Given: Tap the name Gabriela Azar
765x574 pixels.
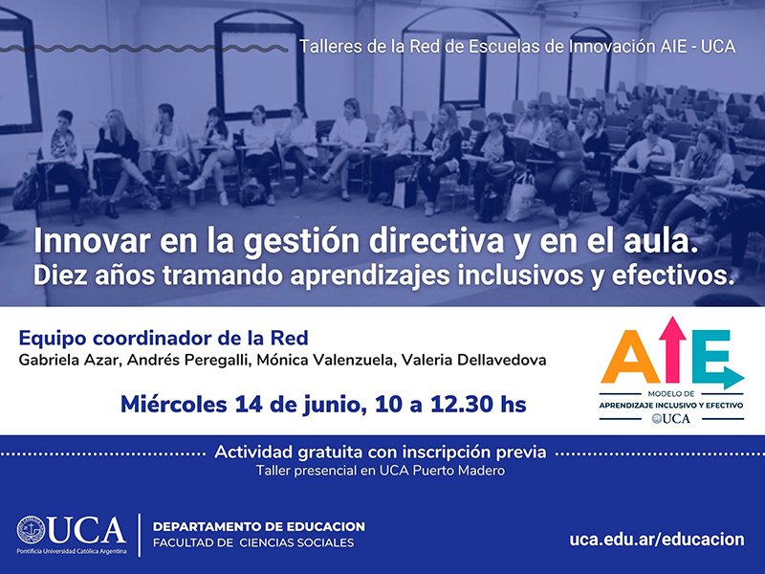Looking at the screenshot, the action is pos(69,361).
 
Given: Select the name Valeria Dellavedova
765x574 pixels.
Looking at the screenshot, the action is pos(473,361).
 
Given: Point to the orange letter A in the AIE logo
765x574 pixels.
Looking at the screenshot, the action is pos(628,356).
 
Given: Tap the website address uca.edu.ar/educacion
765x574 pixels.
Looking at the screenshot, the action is pos(657,540).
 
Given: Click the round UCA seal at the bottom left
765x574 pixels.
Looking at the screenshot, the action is pos(31,530).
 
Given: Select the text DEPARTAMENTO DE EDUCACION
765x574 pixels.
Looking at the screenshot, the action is pos(259,527).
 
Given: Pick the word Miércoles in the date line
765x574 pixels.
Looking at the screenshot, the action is pos(174,405).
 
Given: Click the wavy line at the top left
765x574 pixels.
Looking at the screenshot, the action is pos(144,49).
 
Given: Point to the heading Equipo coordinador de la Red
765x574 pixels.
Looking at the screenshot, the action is pos(164,338).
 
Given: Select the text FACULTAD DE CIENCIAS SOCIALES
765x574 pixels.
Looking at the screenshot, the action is pos(253,542).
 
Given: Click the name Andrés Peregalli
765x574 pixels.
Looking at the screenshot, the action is pos(187,361).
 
